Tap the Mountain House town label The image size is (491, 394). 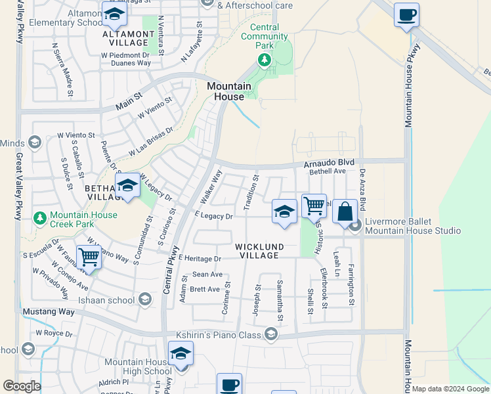[229, 91]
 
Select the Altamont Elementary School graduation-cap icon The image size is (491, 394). [115, 14]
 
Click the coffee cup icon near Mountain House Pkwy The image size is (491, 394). [406, 14]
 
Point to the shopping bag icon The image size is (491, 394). [344, 211]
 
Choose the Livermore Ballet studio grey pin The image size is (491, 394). [356, 226]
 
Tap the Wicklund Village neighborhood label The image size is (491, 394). [261, 251]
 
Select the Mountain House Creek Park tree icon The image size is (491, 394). [40, 217]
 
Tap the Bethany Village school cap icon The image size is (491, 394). [127, 185]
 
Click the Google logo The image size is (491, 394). [22, 386]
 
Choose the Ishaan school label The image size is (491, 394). [116, 300]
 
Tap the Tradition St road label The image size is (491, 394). [251, 192]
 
